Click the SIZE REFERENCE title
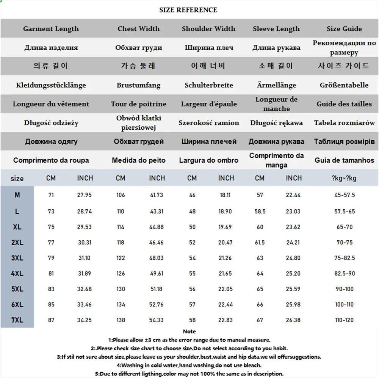(x=188, y=10)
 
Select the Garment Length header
(x=51, y=29)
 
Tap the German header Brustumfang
(x=138, y=85)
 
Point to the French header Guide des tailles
(x=344, y=104)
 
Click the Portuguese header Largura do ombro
(x=208, y=160)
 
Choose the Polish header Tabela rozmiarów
(x=344, y=123)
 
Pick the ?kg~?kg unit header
(x=344, y=178)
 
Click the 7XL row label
(x=17, y=320)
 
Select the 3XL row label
(x=17, y=258)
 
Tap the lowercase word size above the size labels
(x=17, y=179)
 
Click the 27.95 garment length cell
(x=85, y=195)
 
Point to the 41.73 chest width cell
(x=157, y=195)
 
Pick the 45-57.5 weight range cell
(x=344, y=195)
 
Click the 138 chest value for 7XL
(x=121, y=320)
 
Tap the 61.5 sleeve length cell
(x=260, y=243)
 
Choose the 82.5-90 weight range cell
(x=344, y=274)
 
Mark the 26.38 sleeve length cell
(x=293, y=320)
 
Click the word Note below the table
(x=189, y=332)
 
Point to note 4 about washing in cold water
(x=189, y=365)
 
